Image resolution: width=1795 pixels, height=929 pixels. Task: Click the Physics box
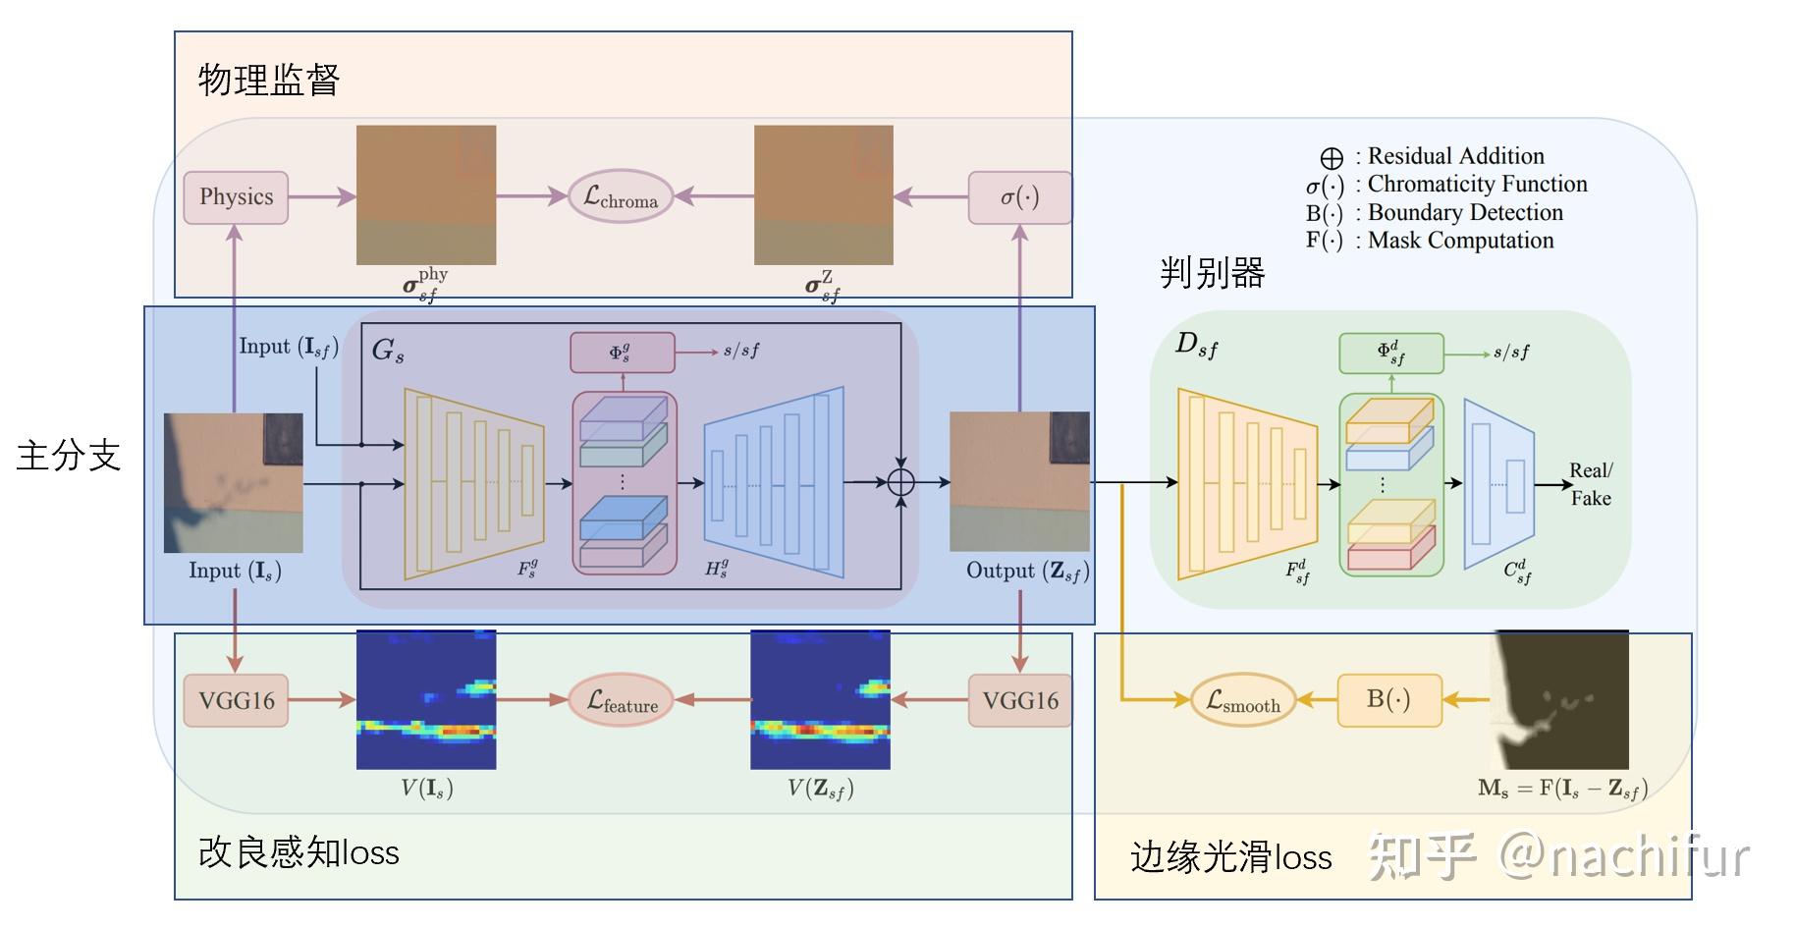(x=236, y=197)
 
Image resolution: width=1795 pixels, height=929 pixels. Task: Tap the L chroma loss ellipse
(x=621, y=197)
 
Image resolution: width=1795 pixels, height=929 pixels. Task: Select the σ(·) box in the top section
(x=1019, y=197)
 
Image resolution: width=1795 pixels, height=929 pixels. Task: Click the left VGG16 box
(x=236, y=700)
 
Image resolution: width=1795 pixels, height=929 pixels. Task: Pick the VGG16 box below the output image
(x=1019, y=700)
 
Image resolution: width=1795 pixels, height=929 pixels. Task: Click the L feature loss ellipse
(x=622, y=700)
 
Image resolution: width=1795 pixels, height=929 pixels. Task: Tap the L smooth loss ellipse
(x=1243, y=700)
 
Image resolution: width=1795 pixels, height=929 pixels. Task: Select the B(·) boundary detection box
(x=1388, y=700)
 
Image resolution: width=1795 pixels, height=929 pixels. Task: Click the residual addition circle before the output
(x=900, y=482)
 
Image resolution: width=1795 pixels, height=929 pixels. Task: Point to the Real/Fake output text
(x=1591, y=484)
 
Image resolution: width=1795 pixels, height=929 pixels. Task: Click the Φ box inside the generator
(x=622, y=353)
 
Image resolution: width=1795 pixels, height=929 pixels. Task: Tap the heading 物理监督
(x=268, y=80)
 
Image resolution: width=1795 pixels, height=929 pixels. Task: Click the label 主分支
(x=68, y=456)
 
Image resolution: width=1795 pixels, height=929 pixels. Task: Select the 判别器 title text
(x=1212, y=272)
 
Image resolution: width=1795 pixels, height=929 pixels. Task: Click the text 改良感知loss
(x=299, y=852)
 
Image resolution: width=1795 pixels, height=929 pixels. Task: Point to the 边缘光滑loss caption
(x=1230, y=857)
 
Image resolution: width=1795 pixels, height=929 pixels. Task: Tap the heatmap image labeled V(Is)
(x=426, y=700)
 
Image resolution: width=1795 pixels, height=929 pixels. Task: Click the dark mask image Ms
(x=1559, y=700)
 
